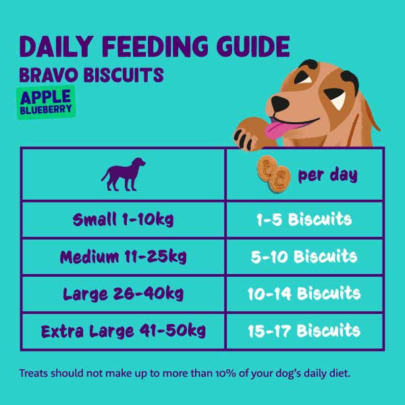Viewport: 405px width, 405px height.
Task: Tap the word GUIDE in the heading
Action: (253, 47)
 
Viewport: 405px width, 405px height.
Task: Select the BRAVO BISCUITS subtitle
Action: (91, 75)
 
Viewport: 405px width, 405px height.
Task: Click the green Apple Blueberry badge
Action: (46, 103)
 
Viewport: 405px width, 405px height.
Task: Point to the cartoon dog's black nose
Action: (279, 103)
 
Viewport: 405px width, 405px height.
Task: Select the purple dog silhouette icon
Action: (124, 174)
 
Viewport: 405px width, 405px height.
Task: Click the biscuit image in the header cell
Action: (273, 174)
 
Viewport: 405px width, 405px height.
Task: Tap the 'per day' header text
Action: (328, 175)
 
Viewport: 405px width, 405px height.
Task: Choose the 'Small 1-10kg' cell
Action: (124, 220)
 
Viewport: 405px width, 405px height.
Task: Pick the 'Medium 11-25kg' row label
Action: (124, 257)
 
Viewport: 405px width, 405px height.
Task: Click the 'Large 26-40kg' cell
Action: (124, 294)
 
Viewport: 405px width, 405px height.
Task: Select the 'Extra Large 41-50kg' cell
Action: (124, 331)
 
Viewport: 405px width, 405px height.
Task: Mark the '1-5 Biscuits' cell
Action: (304, 219)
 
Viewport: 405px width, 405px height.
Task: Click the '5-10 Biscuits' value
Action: (304, 256)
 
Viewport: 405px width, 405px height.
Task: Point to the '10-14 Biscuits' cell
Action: (304, 294)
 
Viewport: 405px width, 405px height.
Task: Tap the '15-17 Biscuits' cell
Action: (304, 331)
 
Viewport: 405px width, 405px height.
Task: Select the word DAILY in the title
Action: (56, 47)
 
